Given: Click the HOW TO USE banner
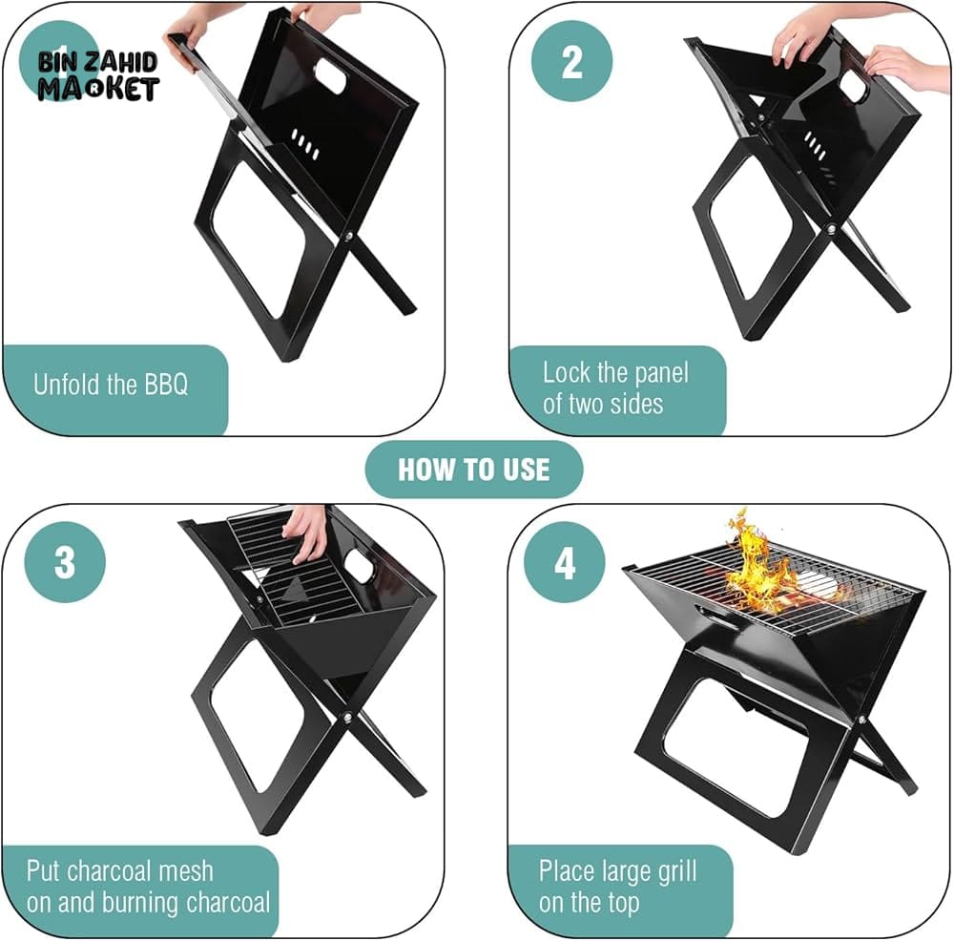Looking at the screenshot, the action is pos(474,470).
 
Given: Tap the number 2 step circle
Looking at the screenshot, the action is pos(571,61).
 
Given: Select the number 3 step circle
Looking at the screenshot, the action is pos(65,562).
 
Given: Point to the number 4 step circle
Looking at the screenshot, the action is pos(565,562).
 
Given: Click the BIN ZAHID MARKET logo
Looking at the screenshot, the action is pos(97,75).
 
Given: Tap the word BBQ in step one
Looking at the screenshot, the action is pos(166,385).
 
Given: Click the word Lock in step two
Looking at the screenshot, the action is pos(566,372).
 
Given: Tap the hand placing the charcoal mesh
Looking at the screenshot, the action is pos(308,532).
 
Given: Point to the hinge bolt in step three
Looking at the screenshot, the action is pos(347,717).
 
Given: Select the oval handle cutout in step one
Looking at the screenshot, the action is pos(329,76).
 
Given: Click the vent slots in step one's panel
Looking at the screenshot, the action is pos(305,144).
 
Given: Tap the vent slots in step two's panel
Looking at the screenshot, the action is pos(816,146).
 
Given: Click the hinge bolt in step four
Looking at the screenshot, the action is pos(862,720).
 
